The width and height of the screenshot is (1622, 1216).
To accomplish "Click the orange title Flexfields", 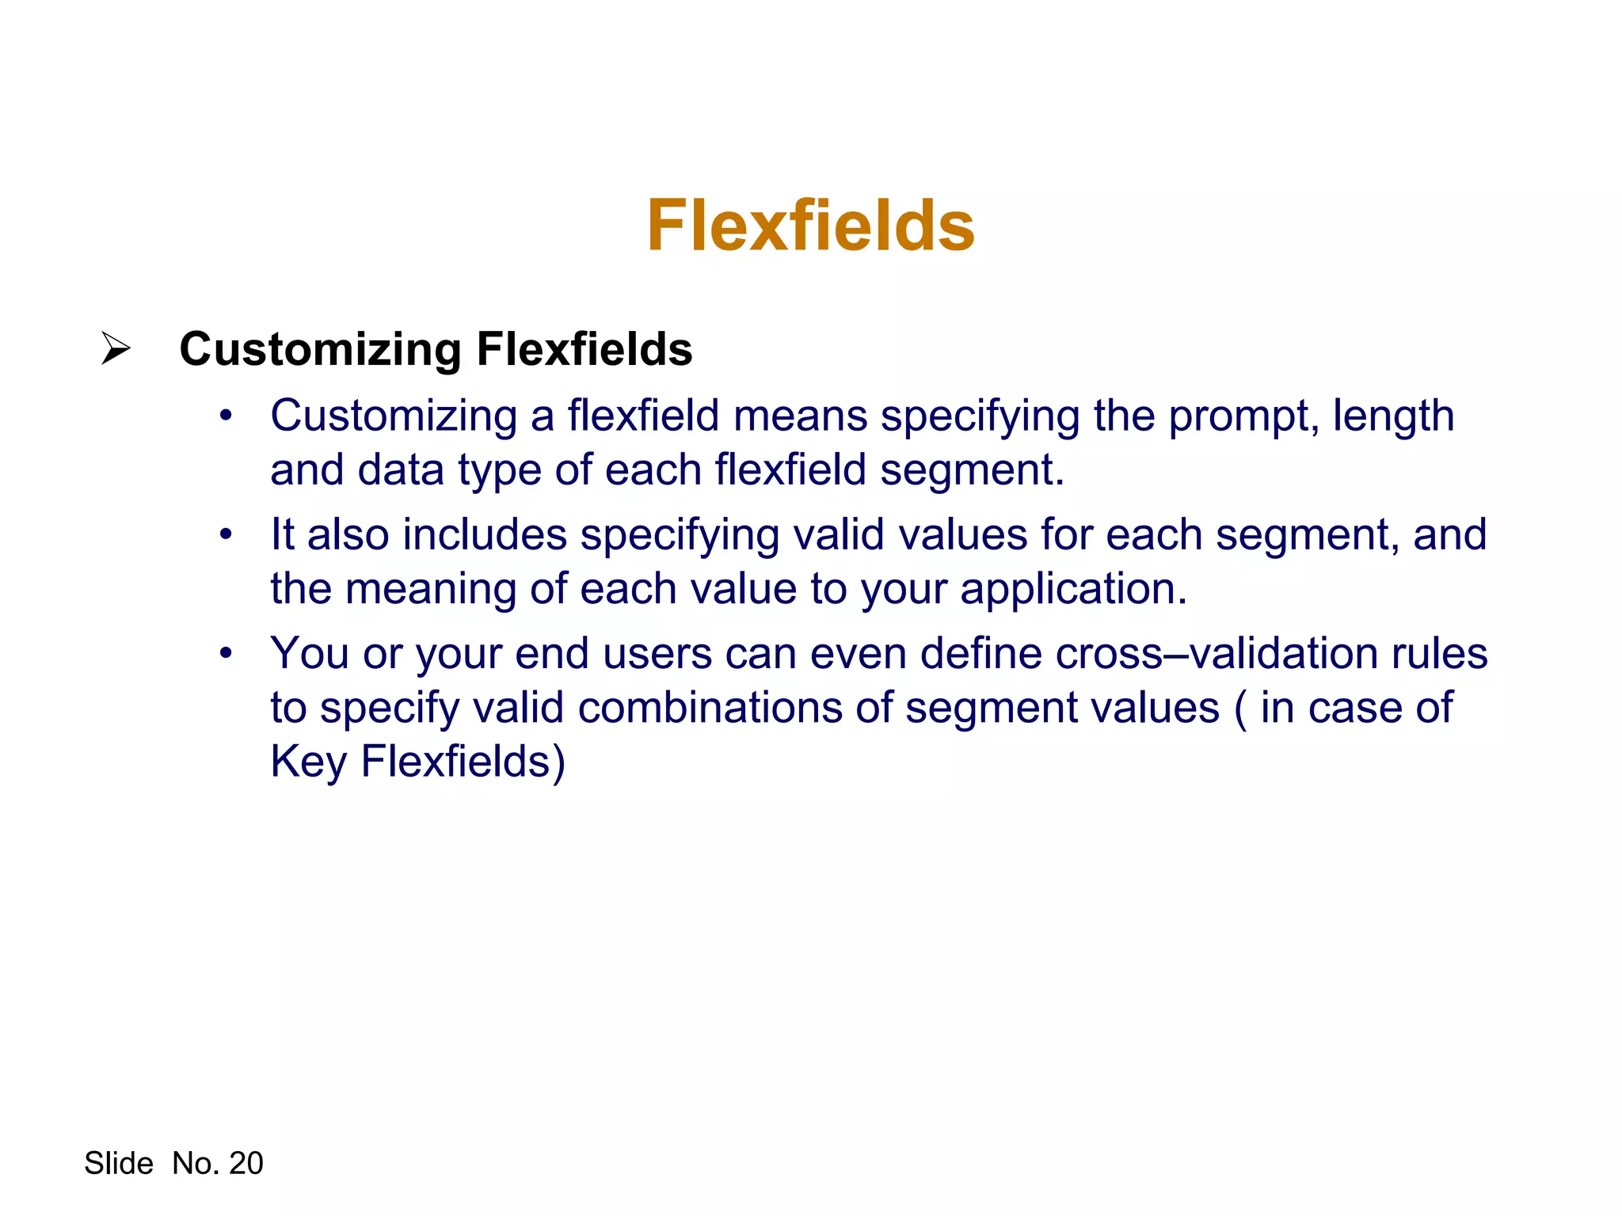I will (x=810, y=226).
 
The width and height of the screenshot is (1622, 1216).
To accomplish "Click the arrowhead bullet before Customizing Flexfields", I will (x=116, y=348).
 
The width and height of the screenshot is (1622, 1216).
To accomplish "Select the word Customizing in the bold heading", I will (x=320, y=350).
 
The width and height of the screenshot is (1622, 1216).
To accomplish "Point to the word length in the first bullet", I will (x=1393, y=416).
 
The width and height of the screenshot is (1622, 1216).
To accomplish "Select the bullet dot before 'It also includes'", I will (x=227, y=534).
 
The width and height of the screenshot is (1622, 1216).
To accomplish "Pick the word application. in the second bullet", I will (x=1074, y=591).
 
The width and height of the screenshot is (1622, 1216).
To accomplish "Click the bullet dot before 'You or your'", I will (x=227, y=653).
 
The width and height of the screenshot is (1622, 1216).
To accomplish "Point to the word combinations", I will (x=710, y=708).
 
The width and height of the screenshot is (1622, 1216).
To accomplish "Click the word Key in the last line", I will (x=308, y=762).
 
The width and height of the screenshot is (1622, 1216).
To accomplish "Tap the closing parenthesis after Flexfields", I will (x=559, y=763).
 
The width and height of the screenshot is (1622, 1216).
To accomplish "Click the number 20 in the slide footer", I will (x=246, y=1163).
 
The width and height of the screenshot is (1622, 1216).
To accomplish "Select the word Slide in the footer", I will (x=119, y=1163).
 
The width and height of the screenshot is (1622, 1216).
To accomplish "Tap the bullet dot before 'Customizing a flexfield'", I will (x=227, y=416).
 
